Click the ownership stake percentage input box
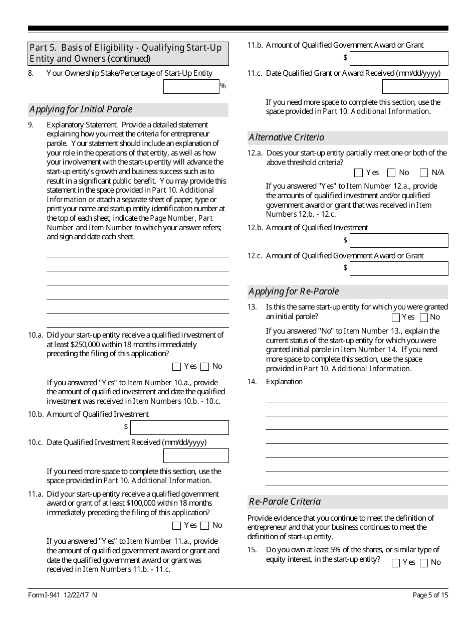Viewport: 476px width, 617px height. click(191, 87)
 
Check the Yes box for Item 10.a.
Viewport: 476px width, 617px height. click(176, 367)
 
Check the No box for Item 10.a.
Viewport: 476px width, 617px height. click(204, 367)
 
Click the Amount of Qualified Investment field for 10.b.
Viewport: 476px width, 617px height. click(179, 427)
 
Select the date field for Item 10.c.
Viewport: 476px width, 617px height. click(195, 455)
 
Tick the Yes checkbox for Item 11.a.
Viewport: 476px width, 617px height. click(176, 526)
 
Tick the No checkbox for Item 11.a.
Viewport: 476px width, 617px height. click(204, 526)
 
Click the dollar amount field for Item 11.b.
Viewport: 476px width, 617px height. click(398, 59)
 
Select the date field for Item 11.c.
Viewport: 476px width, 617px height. click(415, 87)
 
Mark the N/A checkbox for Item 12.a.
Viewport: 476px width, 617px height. click(424, 173)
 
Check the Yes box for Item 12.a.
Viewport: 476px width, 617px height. click(358, 173)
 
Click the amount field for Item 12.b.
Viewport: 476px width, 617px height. click(398, 241)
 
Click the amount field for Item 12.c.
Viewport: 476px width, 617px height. click(398, 269)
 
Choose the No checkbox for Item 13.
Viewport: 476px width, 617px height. click(424, 318)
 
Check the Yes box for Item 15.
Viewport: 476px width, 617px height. click(396, 563)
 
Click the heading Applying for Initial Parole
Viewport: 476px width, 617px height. click(81, 109)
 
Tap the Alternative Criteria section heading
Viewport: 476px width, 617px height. click(287, 137)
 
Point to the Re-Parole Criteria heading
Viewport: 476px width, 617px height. click(285, 502)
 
